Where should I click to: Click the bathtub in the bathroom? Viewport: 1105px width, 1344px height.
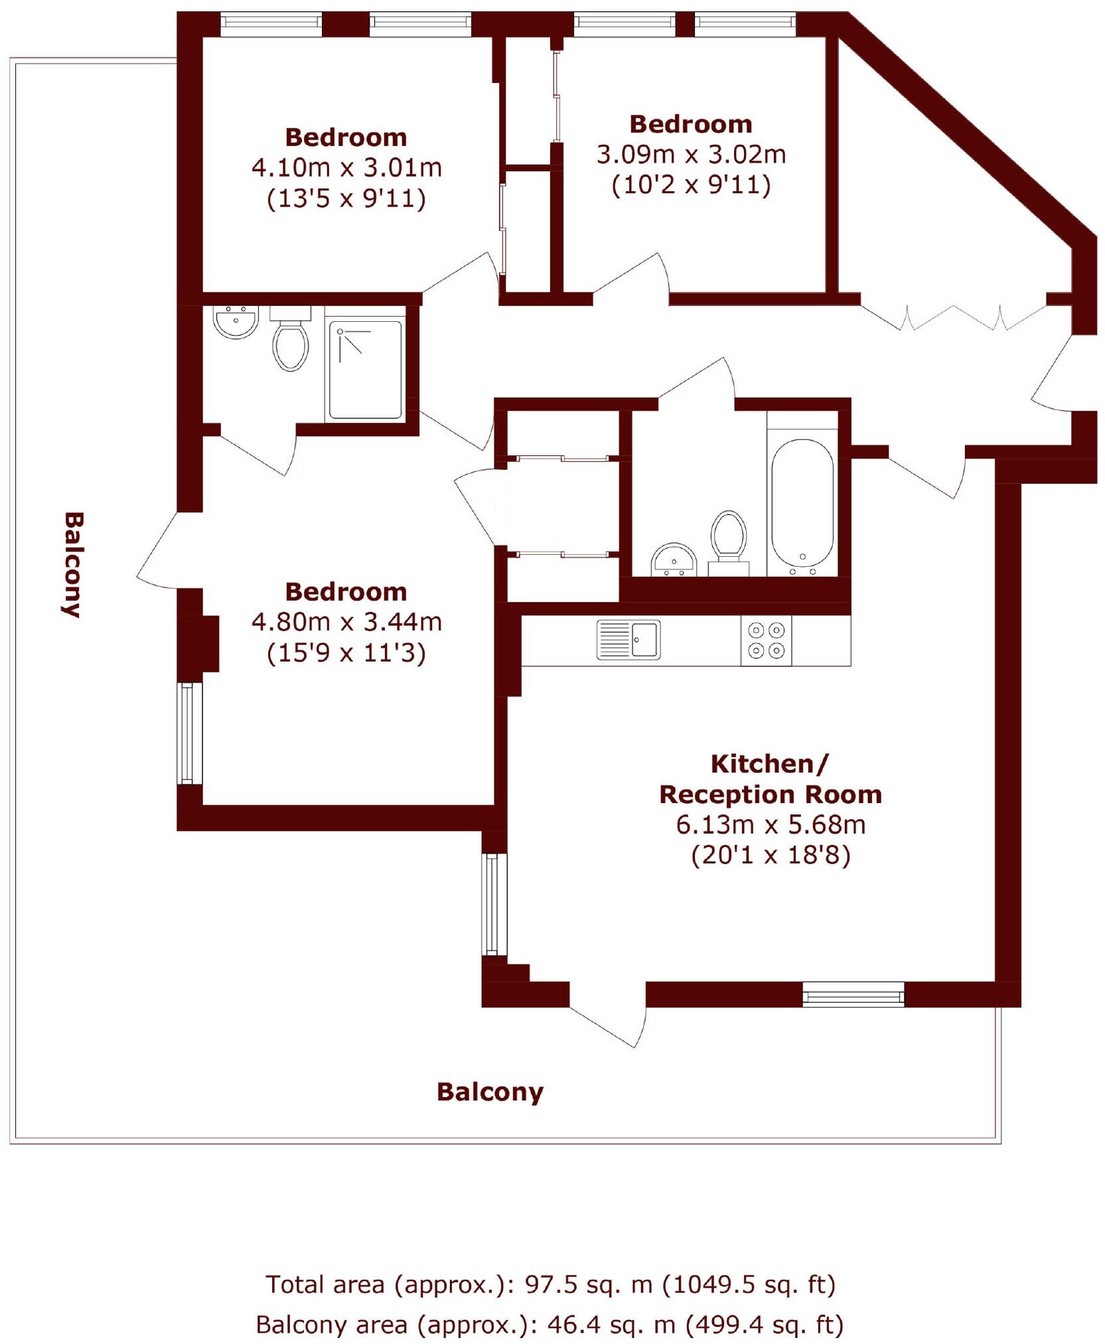pyautogui.click(x=802, y=506)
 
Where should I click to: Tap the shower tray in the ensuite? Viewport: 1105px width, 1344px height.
pyautogui.click(x=366, y=369)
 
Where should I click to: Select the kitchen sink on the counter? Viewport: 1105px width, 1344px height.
pyautogui.click(x=628, y=639)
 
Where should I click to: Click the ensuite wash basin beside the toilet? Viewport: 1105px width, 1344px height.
pyautogui.click(x=235, y=321)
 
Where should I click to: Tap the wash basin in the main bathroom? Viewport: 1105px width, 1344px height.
pyautogui.click(x=673, y=559)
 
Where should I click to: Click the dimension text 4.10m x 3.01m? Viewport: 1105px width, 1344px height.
pyautogui.click(x=346, y=167)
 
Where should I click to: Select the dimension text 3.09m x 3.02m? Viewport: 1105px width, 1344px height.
pyautogui.click(x=691, y=155)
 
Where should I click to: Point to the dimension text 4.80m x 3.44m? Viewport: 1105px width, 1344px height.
pyautogui.click(x=346, y=622)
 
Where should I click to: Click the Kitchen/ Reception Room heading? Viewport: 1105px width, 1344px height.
pyautogui.click(x=770, y=779)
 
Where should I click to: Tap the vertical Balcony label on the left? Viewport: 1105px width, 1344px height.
pyautogui.click(x=72, y=564)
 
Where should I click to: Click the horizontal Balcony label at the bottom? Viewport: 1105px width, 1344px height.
pyautogui.click(x=490, y=1092)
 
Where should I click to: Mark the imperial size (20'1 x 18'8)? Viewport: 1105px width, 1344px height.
pyautogui.click(x=771, y=855)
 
